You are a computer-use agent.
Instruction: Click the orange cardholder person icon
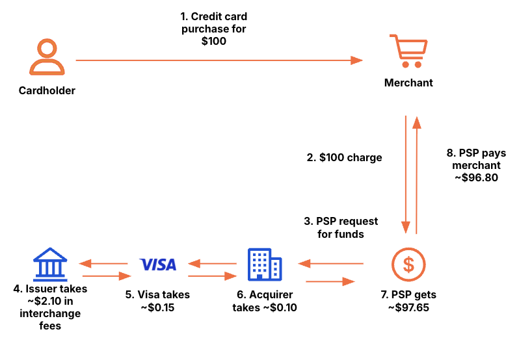(47, 57)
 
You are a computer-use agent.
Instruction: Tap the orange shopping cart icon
(408, 51)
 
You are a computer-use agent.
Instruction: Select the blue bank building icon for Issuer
(50, 264)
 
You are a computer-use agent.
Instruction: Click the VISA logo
(158, 264)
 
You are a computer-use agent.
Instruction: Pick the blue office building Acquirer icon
(265, 264)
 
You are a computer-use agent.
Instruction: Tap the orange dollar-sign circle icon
(408, 264)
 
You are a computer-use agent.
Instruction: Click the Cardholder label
(47, 91)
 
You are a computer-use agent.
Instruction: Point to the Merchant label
(408, 83)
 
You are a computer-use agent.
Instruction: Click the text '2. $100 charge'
(344, 157)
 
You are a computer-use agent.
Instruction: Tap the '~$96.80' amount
(476, 177)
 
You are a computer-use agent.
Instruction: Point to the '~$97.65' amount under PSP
(408, 307)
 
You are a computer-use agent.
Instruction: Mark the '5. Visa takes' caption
(157, 295)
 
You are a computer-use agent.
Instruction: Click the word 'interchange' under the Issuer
(50, 313)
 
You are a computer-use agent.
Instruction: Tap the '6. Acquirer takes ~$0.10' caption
(265, 302)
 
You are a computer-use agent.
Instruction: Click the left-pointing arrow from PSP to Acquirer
(330, 264)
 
